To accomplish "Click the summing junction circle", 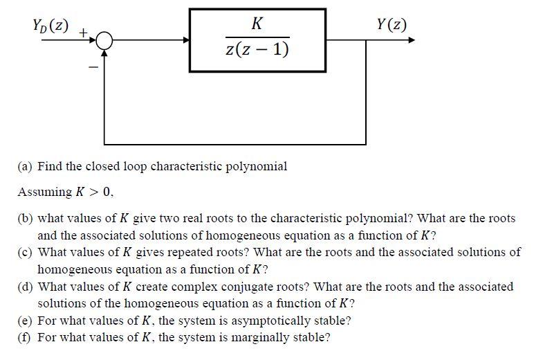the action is coord(104,41).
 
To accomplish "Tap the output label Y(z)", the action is coord(392,26).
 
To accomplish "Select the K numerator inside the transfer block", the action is coord(257,24).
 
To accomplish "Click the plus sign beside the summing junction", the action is coord(82,32).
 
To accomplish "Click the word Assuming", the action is coord(45,192).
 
